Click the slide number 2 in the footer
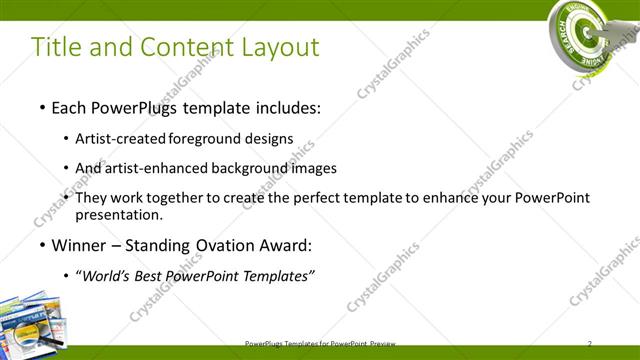pyautogui.click(x=590, y=343)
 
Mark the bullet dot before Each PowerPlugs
pyautogui.click(x=41, y=107)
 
